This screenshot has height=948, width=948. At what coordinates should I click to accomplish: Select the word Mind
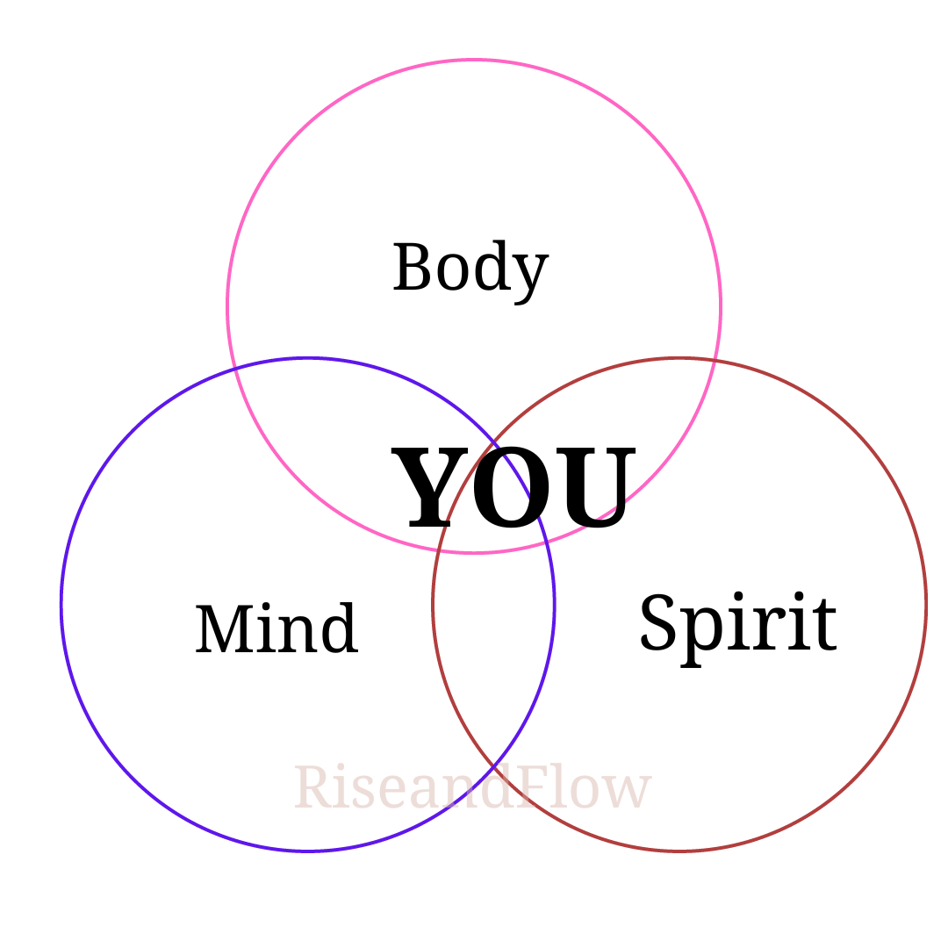click(x=276, y=629)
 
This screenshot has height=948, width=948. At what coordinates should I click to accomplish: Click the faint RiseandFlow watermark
click(x=472, y=788)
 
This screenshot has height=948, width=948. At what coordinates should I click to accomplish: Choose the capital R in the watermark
click(x=312, y=787)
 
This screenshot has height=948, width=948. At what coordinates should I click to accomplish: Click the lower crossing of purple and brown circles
click(x=494, y=768)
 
